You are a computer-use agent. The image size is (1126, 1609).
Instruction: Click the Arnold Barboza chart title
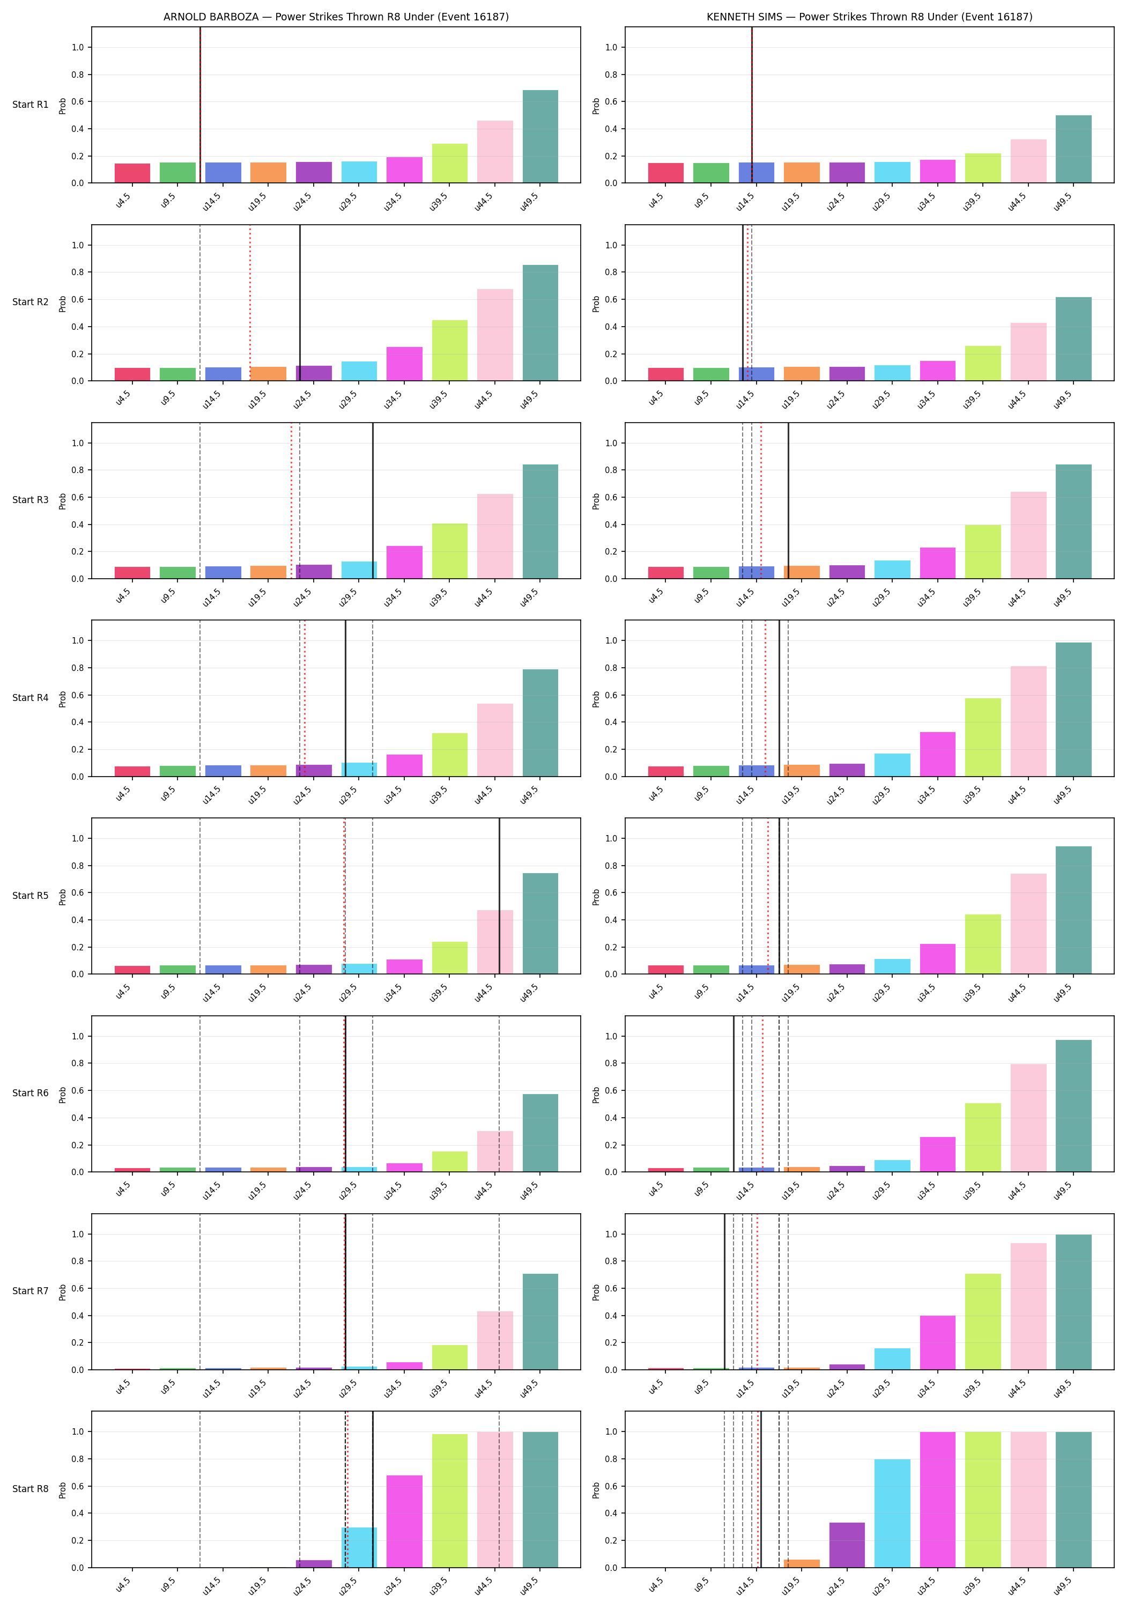click(336, 17)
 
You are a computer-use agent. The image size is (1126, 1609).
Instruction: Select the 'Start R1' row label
click(31, 105)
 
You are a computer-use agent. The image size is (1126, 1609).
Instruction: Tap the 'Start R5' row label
click(31, 896)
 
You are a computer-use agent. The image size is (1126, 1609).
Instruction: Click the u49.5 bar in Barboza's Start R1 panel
click(540, 137)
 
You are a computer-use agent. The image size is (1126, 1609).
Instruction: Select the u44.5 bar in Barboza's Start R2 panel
click(495, 335)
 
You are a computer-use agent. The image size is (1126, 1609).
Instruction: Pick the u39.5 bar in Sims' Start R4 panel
click(982, 737)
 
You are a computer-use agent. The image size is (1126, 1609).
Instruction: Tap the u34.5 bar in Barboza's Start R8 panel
click(404, 1522)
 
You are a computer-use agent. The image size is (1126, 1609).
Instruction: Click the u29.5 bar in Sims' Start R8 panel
click(892, 1514)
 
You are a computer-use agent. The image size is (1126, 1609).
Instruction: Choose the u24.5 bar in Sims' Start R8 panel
click(847, 1545)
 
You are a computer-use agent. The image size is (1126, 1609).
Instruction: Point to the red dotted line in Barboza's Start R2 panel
click(250, 302)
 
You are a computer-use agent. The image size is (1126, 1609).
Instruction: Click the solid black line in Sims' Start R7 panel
click(724, 1291)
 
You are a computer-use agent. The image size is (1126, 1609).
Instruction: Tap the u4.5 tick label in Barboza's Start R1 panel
click(123, 201)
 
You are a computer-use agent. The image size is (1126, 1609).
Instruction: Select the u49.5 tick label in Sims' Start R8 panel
click(1062, 1586)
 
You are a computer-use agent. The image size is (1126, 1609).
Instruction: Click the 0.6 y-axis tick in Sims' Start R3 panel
click(611, 498)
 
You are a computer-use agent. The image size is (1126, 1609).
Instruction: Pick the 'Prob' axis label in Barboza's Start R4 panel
click(62, 699)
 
